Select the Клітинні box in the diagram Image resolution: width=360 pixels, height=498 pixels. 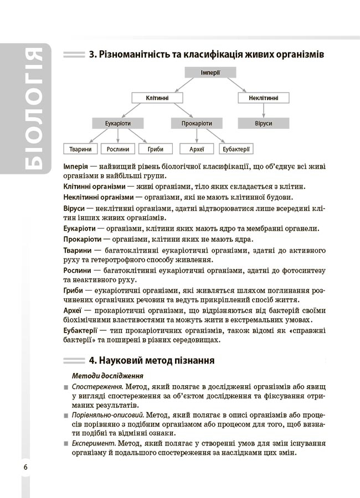157,97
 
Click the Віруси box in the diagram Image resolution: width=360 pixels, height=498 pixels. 264,123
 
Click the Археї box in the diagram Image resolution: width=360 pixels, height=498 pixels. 197,148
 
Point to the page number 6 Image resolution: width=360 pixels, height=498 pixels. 25,466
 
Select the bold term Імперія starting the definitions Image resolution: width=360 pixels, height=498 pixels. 77,167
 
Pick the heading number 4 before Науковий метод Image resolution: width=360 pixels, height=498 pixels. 92,361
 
